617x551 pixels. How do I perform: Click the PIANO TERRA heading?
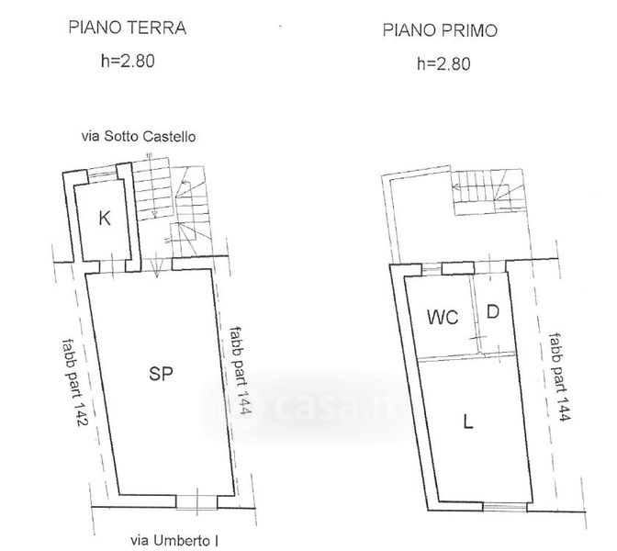pyautogui.click(x=127, y=28)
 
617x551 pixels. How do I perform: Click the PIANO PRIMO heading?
pyautogui.click(x=440, y=30)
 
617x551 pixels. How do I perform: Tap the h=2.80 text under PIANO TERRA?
pyautogui.click(x=128, y=61)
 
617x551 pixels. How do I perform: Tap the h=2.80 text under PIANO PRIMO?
pyautogui.click(x=443, y=63)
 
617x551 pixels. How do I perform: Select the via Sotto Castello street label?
pyautogui.click(x=139, y=137)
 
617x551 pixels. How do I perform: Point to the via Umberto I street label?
pyautogui.click(x=174, y=540)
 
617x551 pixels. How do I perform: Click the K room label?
pyautogui.click(x=105, y=218)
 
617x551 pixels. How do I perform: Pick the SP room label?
pyautogui.click(x=161, y=373)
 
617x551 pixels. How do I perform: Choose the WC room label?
pyautogui.click(x=443, y=317)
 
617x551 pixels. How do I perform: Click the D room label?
pyautogui.click(x=493, y=311)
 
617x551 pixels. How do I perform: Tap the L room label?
pyautogui.click(x=468, y=422)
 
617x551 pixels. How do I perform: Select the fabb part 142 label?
pyautogui.click(x=74, y=383)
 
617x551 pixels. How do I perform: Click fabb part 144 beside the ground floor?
pyautogui.click(x=241, y=370)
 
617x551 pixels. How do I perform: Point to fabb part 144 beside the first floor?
pyautogui.click(x=559, y=377)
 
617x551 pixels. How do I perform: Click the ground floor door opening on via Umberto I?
pyautogui.click(x=196, y=501)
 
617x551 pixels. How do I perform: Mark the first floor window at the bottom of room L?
pyautogui.click(x=504, y=507)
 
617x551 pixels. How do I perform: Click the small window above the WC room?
pyautogui.click(x=432, y=269)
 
